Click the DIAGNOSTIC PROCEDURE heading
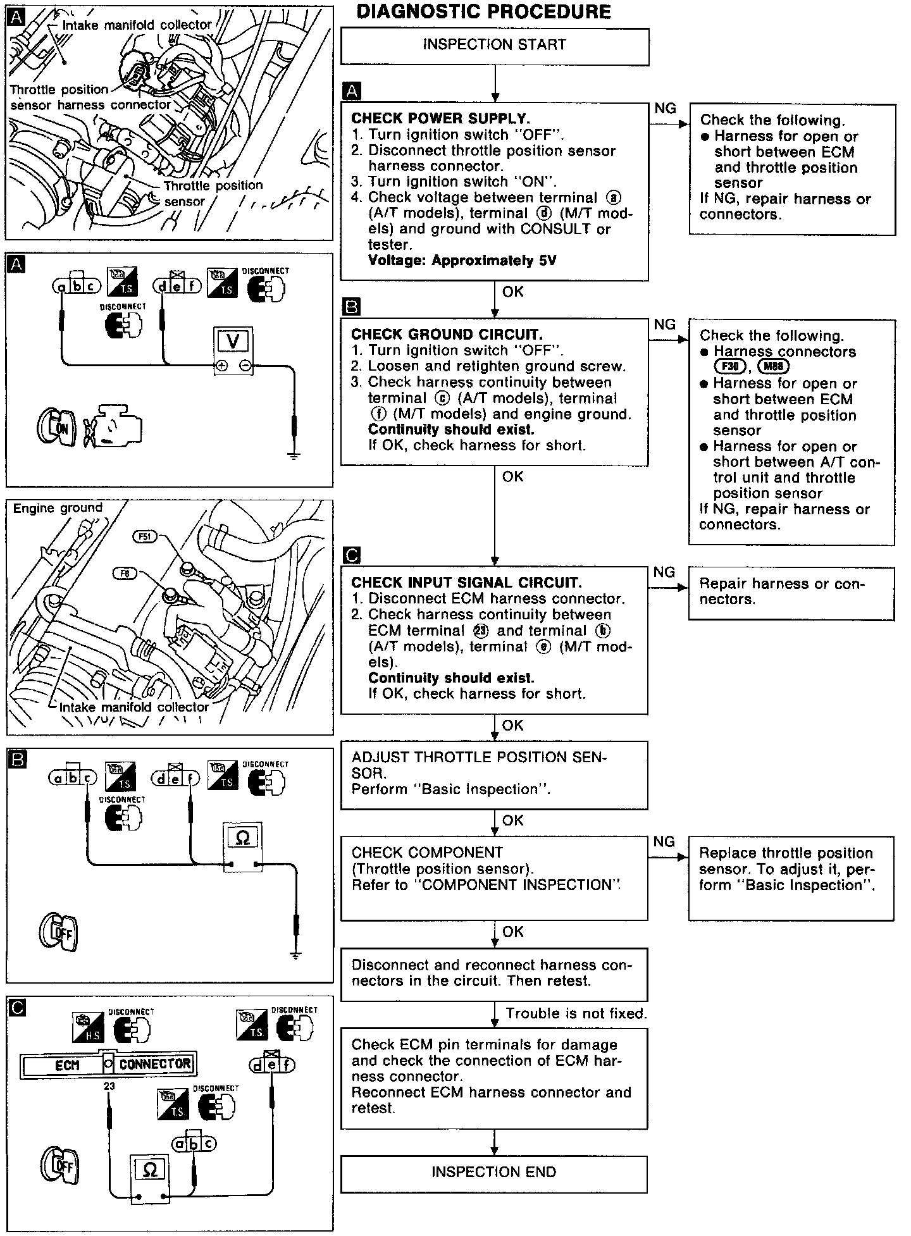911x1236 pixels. pyautogui.click(x=484, y=12)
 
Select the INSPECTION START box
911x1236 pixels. pyautogui.click(x=495, y=46)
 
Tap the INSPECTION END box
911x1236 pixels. pyautogui.click(x=494, y=1172)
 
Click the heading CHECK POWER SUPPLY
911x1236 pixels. pyautogui.click(x=440, y=118)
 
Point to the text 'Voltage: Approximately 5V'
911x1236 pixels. pyautogui.click(x=462, y=261)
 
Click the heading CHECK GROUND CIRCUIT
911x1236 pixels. pyautogui.click(x=447, y=335)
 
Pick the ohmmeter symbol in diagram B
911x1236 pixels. pyautogui.click(x=242, y=838)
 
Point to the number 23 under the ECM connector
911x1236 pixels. pyautogui.click(x=109, y=1086)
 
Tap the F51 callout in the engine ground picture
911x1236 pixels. pyautogui.click(x=145, y=537)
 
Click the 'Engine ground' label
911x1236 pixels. pyautogui.click(x=58, y=508)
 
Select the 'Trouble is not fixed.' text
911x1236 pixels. pyautogui.click(x=576, y=1014)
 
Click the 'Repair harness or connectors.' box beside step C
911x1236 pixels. pyautogui.click(x=791, y=593)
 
